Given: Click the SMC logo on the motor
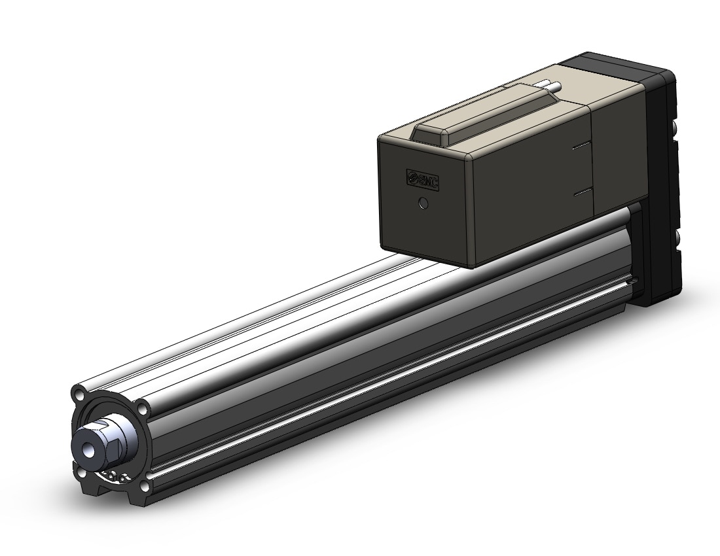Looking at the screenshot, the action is [x=422, y=179].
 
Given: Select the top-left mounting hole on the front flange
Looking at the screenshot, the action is [x=79, y=394].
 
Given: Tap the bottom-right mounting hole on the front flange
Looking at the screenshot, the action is [x=144, y=485].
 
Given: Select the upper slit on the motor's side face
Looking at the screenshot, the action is [x=582, y=146].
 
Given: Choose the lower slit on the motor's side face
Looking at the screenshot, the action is [x=582, y=191].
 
